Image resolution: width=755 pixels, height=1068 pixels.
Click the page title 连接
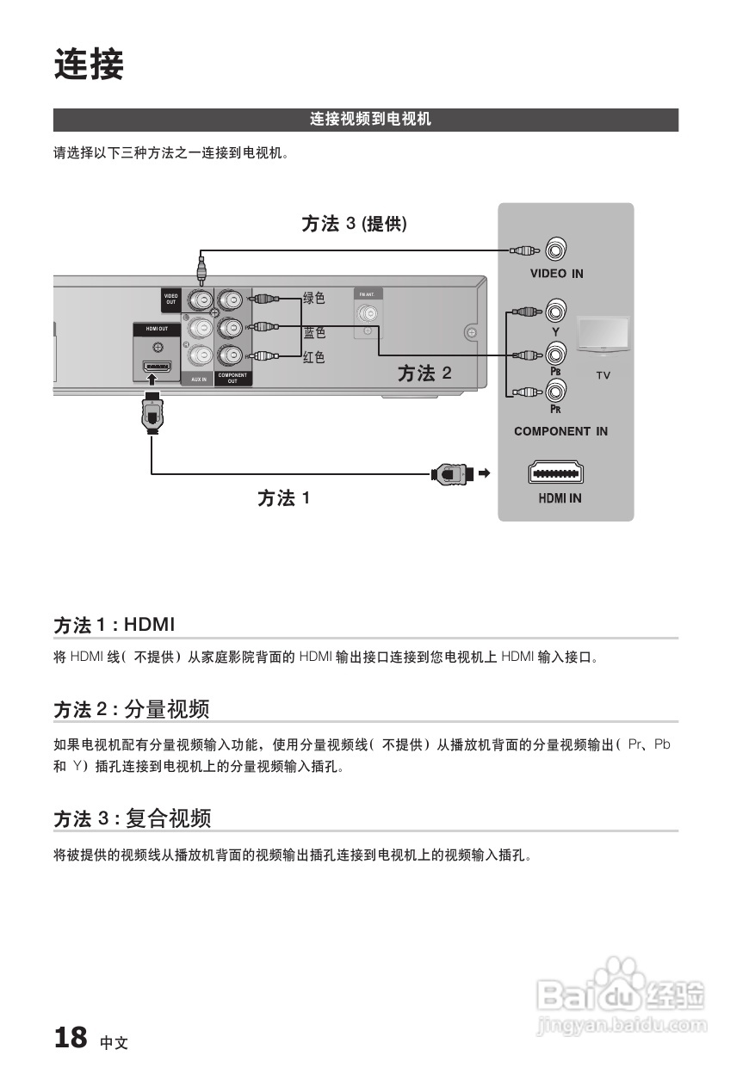click(x=90, y=65)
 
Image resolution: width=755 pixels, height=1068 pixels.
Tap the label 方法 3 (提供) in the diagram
click(x=354, y=225)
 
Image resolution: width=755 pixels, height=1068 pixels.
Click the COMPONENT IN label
click(x=560, y=431)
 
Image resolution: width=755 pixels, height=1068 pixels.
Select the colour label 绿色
click(x=314, y=299)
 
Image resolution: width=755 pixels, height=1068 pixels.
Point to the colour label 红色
click(x=314, y=357)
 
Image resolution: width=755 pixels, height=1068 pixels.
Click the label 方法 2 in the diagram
click(x=424, y=373)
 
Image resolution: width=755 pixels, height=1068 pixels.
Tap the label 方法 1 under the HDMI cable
click(x=283, y=498)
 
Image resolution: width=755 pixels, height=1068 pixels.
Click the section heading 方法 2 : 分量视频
click(x=133, y=710)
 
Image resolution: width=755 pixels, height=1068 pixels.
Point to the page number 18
click(x=71, y=1038)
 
